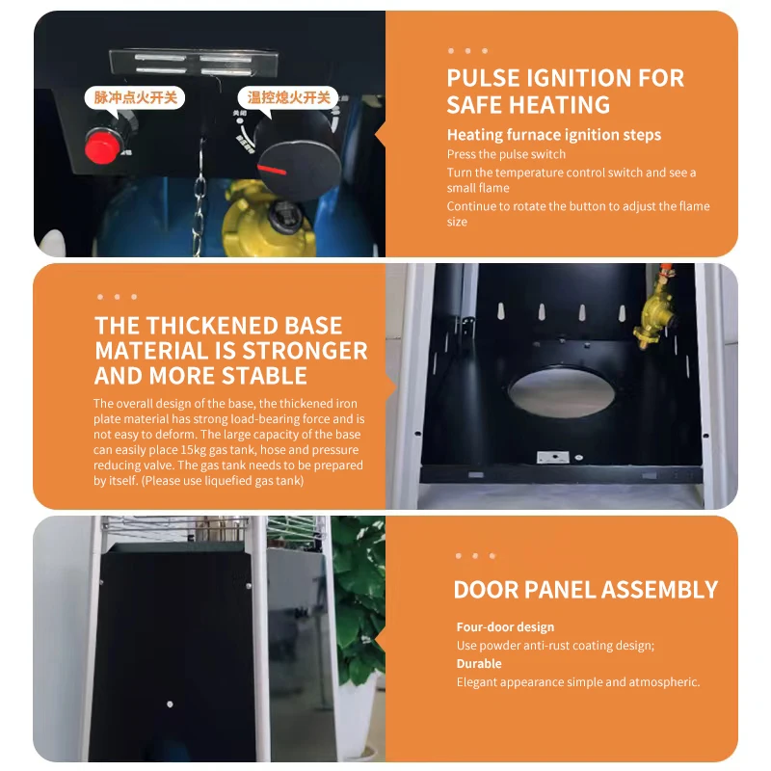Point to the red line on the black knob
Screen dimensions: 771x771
coord(272,170)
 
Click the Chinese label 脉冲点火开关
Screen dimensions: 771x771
coord(135,97)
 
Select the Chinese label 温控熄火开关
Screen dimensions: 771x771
coord(288,97)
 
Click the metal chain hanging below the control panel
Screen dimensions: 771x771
coord(199,197)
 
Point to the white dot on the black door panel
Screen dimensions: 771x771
coord(170,705)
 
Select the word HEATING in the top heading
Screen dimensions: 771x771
coord(560,105)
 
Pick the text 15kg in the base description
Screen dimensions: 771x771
coord(194,450)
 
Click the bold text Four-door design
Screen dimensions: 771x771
coord(505,627)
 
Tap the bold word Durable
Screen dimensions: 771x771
coord(479,664)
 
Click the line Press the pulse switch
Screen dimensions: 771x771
coord(507,154)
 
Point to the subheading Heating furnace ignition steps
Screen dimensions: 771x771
coord(554,135)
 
